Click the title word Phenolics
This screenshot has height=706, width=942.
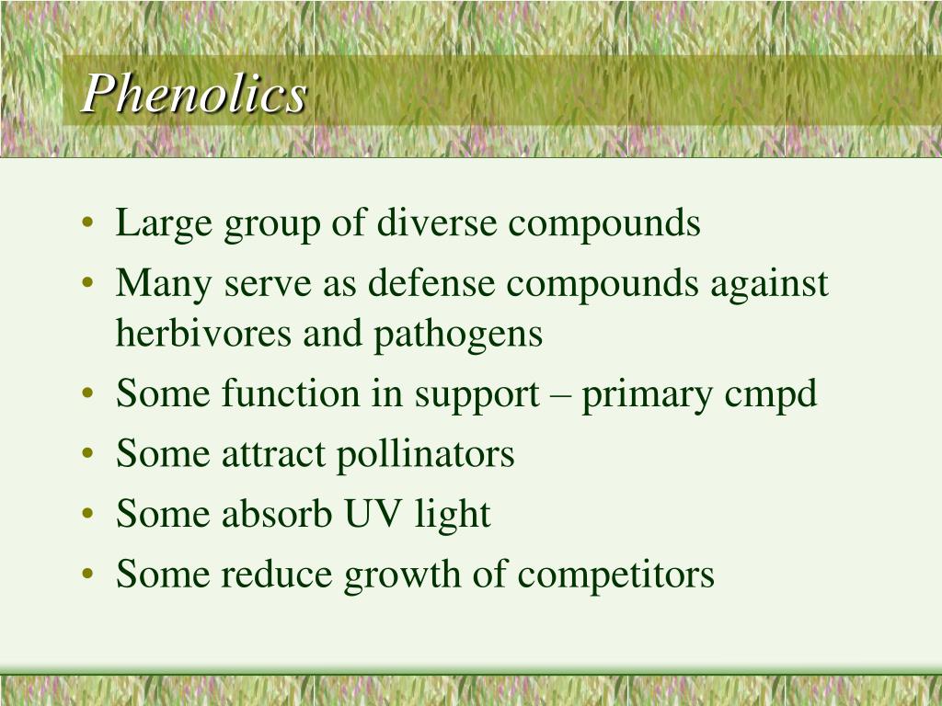point(194,95)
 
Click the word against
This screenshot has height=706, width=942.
point(769,284)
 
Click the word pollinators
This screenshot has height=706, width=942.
point(424,454)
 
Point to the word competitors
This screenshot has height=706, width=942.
point(615,575)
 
